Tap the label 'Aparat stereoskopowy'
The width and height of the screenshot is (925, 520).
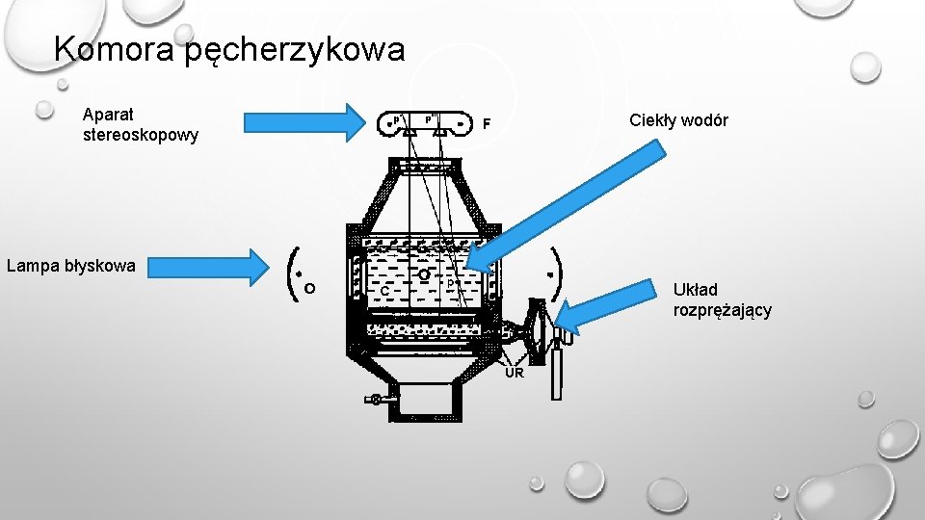coord(141,125)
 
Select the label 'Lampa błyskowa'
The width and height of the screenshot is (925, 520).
coord(71,265)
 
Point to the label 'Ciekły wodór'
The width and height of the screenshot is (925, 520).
coord(678,120)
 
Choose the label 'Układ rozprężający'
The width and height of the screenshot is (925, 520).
coord(722,299)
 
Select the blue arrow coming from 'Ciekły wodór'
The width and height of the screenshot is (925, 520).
coord(568,202)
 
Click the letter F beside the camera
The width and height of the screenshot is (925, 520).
coord(488,124)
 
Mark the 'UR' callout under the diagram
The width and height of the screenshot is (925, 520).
coord(515,373)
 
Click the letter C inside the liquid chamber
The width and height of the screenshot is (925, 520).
coord(383,290)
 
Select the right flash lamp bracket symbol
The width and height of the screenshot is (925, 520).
coord(557,273)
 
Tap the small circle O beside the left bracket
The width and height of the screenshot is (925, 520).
coord(308,287)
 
